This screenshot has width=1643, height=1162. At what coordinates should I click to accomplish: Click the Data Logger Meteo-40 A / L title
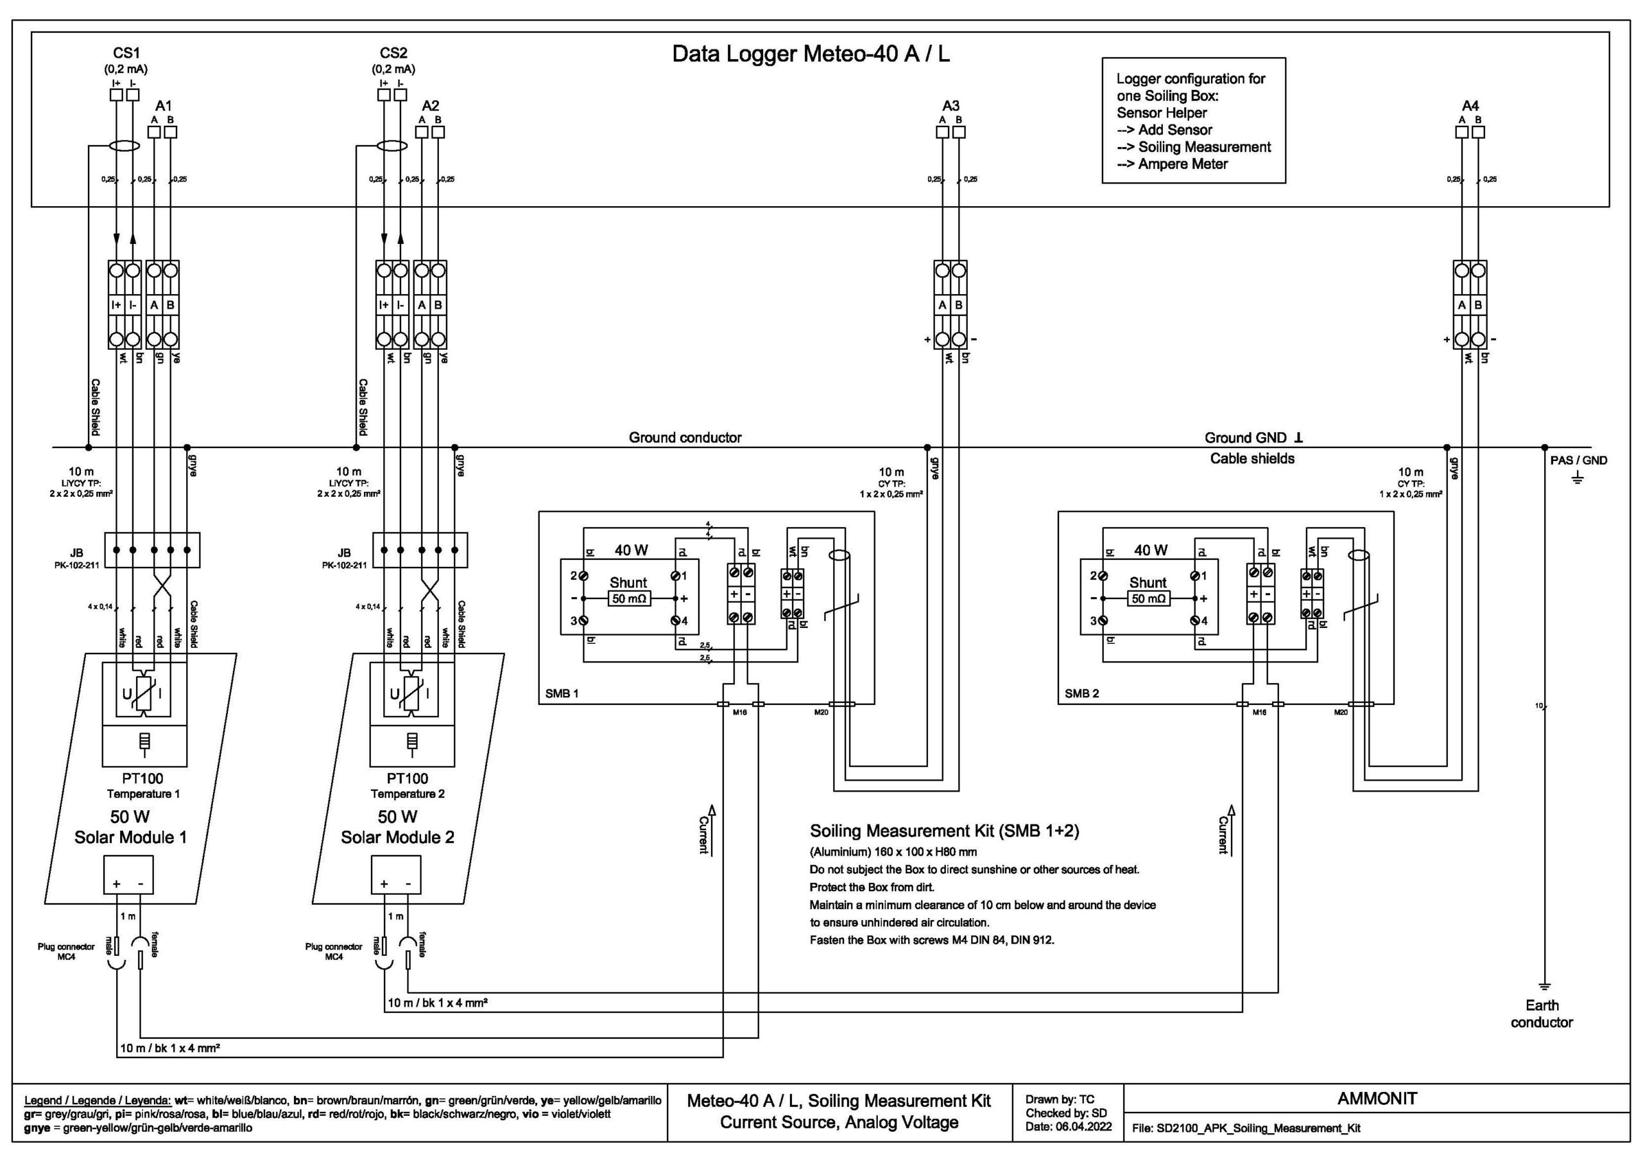pos(810,55)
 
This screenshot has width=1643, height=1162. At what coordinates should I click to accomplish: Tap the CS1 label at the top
pos(126,53)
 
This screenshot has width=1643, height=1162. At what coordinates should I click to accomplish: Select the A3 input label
pos(951,106)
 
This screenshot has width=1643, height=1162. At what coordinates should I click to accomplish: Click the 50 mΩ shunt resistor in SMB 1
pos(629,598)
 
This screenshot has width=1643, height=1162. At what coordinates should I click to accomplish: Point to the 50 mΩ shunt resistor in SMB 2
pos(1149,598)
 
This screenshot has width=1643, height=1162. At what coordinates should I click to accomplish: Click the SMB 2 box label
pos(1081,693)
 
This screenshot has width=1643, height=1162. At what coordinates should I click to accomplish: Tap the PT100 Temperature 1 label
pos(144,785)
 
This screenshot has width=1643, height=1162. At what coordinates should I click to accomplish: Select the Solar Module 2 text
pos(397,837)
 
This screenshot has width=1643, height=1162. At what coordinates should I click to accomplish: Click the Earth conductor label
pos(1542,1014)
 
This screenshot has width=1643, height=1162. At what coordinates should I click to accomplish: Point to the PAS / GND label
pos(1579,460)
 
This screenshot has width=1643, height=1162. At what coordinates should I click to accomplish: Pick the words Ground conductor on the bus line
pos(685,437)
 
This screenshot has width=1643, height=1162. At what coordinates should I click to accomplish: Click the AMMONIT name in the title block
pos(1377,1099)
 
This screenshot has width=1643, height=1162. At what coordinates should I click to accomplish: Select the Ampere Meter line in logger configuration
pos(1182,164)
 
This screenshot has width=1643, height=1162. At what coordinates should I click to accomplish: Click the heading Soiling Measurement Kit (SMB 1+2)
pos(944,831)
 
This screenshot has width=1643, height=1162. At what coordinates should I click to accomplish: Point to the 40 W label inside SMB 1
pos(631,550)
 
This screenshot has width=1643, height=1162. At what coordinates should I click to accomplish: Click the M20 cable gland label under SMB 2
pos(1340,713)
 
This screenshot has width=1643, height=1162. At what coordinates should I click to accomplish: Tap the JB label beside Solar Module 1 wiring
pos(76,553)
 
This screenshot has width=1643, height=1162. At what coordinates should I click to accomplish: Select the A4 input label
pos(1470,106)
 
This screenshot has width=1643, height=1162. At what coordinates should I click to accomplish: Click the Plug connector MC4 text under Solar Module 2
pos(334,951)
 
